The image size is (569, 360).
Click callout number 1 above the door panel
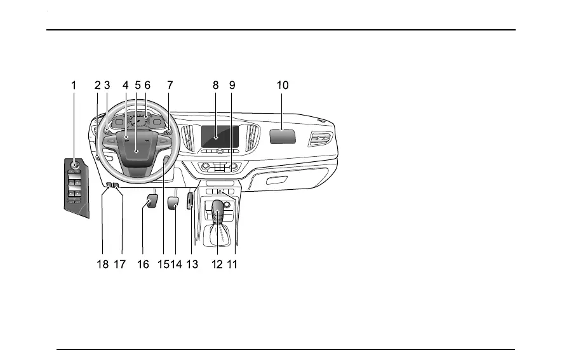pos(74,84)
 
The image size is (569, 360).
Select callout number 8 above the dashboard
pos(215,84)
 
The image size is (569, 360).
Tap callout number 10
pos(283,84)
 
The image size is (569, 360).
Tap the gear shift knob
pos(218,210)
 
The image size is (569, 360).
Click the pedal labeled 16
pos(152,203)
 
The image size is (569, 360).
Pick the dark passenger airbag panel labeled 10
pos(283,137)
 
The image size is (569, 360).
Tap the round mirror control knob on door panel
pos(75,166)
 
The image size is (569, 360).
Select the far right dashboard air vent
pos(319,140)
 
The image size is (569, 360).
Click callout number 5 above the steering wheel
pos(137,84)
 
